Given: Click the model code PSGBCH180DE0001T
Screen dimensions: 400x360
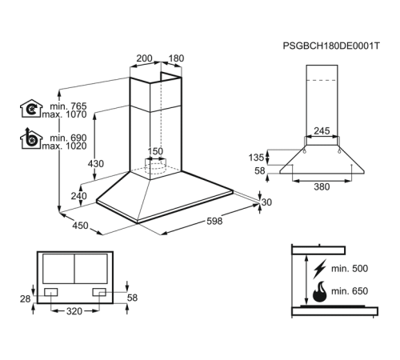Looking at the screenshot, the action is click(331, 46).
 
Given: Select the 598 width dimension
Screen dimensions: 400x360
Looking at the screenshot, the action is click(214, 221).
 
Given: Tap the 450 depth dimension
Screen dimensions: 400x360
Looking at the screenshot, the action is click(80, 226).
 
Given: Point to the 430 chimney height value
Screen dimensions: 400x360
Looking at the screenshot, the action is click(96, 163).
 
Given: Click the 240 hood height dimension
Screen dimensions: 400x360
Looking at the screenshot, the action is click(78, 196).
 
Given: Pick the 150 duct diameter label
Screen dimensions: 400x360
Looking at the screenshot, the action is click(155, 151).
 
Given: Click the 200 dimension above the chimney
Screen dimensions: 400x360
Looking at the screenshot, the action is click(144, 58).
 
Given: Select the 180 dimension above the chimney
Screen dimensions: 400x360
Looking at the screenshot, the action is click(176, 58).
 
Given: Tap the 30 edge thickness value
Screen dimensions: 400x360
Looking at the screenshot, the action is click(266, 202).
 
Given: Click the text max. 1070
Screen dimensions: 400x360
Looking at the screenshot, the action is click(64, 114).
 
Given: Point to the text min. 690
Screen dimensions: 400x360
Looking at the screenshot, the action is click(68, 138).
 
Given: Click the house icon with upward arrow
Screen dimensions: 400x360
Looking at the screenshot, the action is click(31, 138).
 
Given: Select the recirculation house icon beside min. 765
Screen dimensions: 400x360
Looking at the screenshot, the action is click(31, 109).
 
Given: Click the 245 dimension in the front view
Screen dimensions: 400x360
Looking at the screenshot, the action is click(322, 130).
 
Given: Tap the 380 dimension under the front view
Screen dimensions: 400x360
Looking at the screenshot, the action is click(322, 186).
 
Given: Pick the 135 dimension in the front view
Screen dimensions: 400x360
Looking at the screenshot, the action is click(256, 158).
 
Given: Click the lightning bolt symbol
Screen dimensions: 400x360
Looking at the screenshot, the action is click(320, 269).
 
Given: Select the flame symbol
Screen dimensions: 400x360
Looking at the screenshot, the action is click(319, 292).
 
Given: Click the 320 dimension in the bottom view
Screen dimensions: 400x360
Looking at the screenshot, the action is click(74, 311).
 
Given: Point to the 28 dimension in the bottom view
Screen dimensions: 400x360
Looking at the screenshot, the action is click(26, 299).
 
